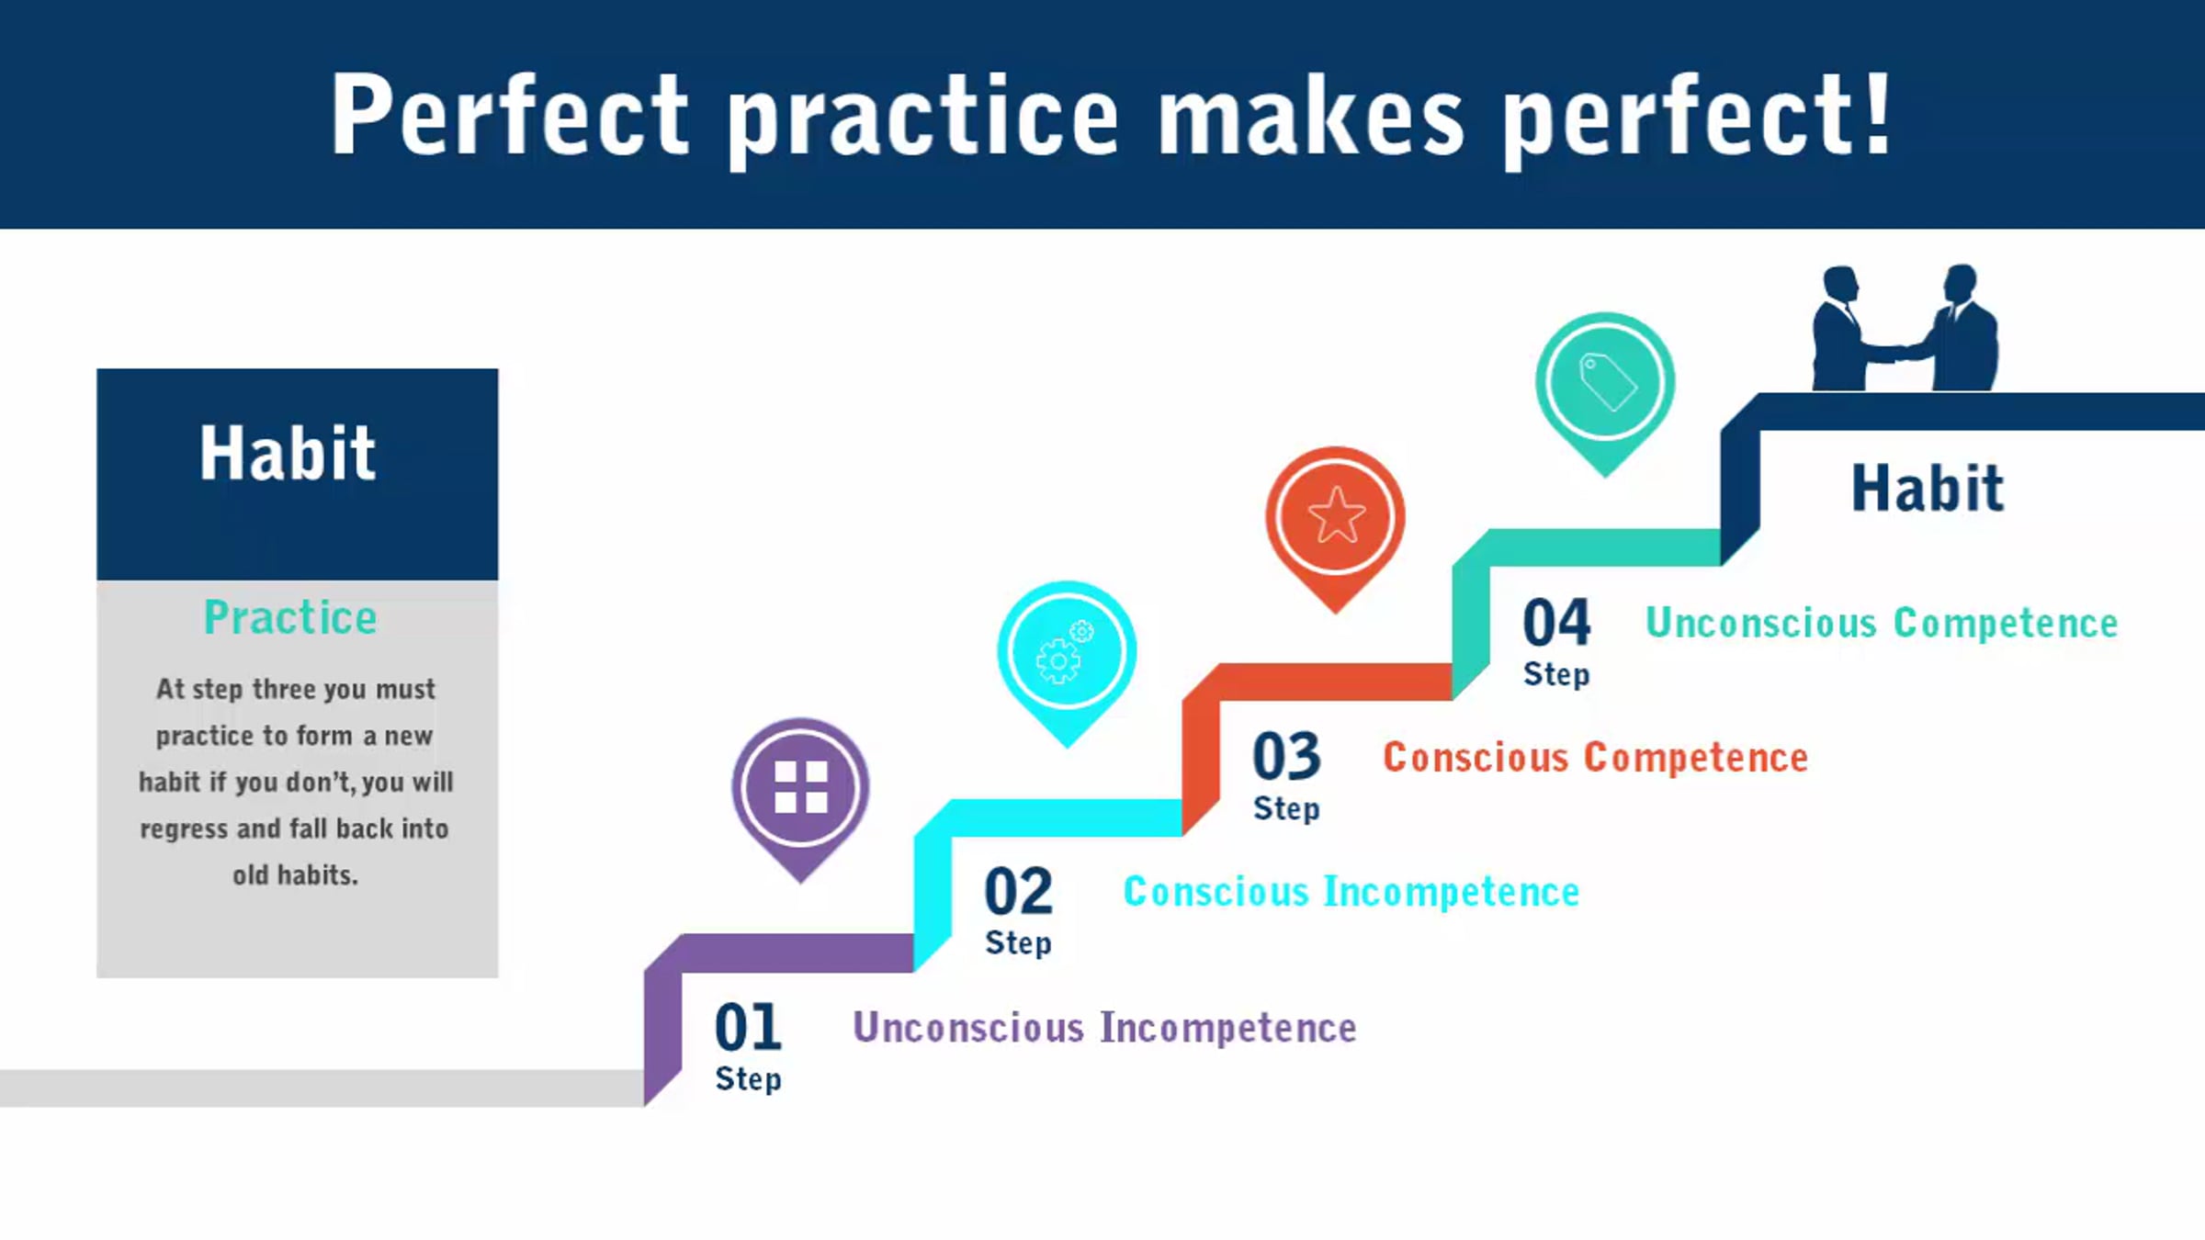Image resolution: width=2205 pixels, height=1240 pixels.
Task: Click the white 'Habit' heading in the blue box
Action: [x=288, y=453]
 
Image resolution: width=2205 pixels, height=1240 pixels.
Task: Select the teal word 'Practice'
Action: [x=290, y=617]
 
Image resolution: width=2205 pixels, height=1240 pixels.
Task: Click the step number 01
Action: [x=748, y=1027]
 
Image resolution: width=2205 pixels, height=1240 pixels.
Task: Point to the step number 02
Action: [x=1018, y=891]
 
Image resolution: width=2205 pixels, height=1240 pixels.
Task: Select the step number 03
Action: [x=1286, y=756]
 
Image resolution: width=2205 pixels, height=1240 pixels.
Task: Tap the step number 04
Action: [x=1556, y=622]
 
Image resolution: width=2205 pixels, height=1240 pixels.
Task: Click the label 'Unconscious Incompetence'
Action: [x=1104, y=1028]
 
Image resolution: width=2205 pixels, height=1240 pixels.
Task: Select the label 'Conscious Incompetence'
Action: [x=1351, y=892]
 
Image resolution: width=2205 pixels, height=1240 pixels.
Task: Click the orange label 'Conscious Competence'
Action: [x=1595, y=758]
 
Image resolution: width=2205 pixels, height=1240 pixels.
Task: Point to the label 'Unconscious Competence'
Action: [x=1882, y=623]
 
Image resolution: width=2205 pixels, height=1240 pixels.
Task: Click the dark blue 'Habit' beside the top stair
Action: [x=1928, y=488]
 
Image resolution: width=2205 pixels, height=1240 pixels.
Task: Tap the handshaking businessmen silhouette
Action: [x=1905, y=328]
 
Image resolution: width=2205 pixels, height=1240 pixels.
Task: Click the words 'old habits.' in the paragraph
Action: [x=295, y=875]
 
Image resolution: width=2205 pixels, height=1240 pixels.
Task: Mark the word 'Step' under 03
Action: [x=1286, y=809]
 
